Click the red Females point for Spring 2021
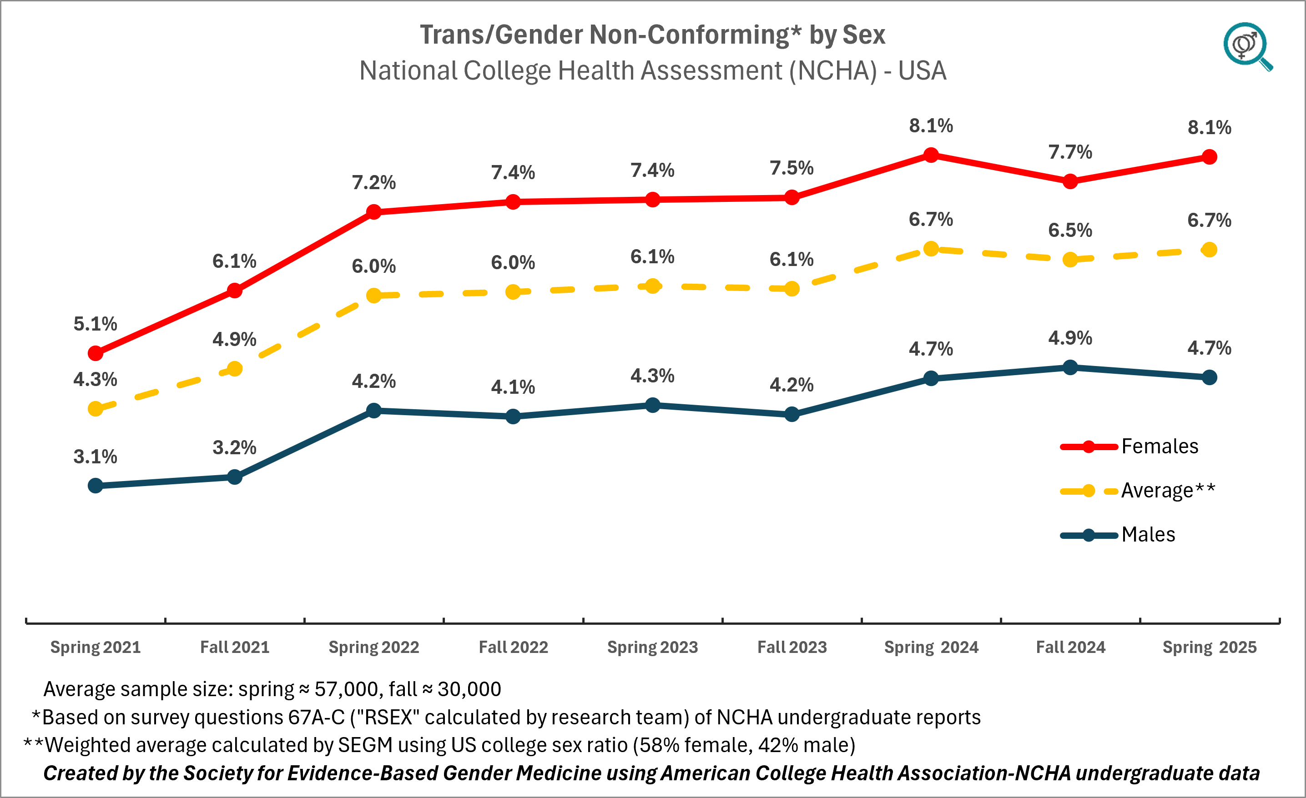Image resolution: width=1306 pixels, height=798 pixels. click(96, 353)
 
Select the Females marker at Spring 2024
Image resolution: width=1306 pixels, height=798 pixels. click(931, 155)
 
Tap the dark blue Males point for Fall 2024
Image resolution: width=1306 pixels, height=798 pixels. click(1070, 367)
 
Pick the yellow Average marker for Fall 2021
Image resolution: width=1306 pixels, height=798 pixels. click(234, 369)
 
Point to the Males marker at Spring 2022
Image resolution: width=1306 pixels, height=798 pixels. click(373, 411)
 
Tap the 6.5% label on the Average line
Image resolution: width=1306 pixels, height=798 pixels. click(1070, 231)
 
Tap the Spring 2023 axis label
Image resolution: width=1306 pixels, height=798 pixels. click(652, 647)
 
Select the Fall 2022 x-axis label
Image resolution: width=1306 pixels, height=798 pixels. click(513, 647)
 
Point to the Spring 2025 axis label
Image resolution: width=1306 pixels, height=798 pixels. click(1209, 647)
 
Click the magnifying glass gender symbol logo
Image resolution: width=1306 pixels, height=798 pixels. click(1246, 46)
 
